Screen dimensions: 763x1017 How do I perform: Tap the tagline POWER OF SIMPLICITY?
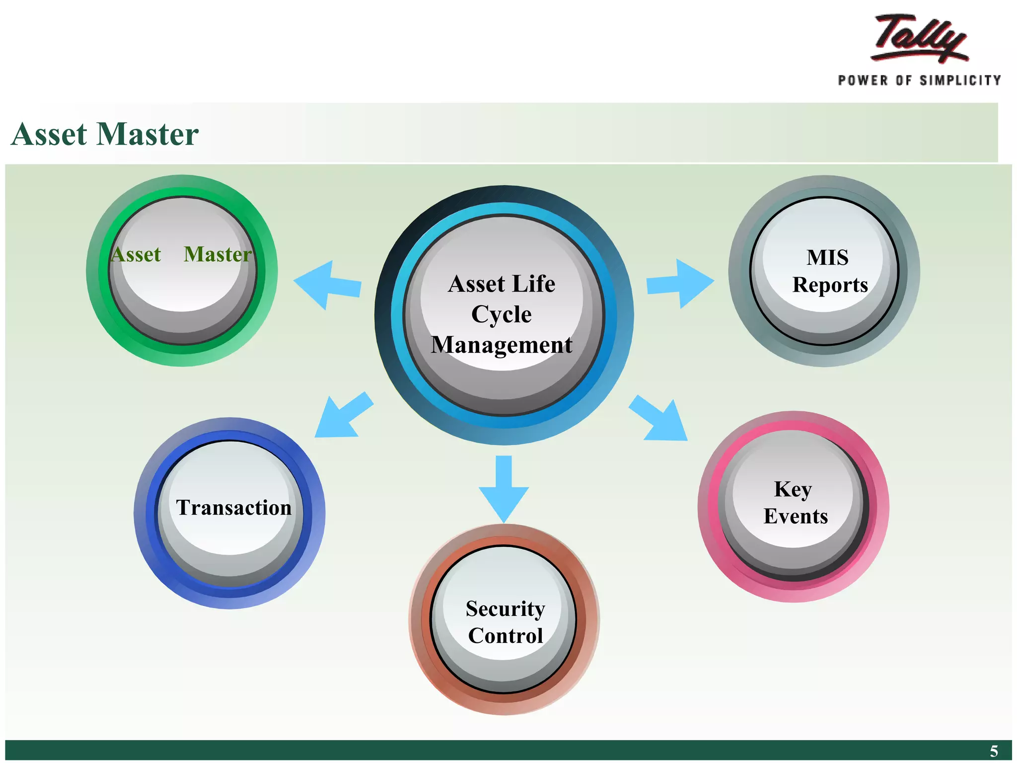tap(919, 80)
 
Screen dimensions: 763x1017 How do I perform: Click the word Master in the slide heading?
tap(147, 134)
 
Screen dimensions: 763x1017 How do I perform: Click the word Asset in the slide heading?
tap(50, 134)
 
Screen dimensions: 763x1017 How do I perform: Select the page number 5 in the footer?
tap(993, 751)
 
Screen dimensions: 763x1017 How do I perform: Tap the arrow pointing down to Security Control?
tap(504, 489)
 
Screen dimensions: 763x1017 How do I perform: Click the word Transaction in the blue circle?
tap(234, 508)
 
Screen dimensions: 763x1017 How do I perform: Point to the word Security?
tap(505, 609)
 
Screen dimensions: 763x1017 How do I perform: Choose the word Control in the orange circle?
tap(506, 636)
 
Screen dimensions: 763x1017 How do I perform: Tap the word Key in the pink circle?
tap(793, 490)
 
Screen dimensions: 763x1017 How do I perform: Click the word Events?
tap(796, 517)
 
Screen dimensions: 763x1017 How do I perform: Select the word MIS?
tap(827, 258)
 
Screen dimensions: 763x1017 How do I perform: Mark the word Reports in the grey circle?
tap(830, 285)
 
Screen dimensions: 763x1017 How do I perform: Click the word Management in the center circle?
tap(502, 345)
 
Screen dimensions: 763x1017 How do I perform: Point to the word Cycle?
tap(501, 314)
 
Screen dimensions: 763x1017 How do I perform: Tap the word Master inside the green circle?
tap(218, 254)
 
